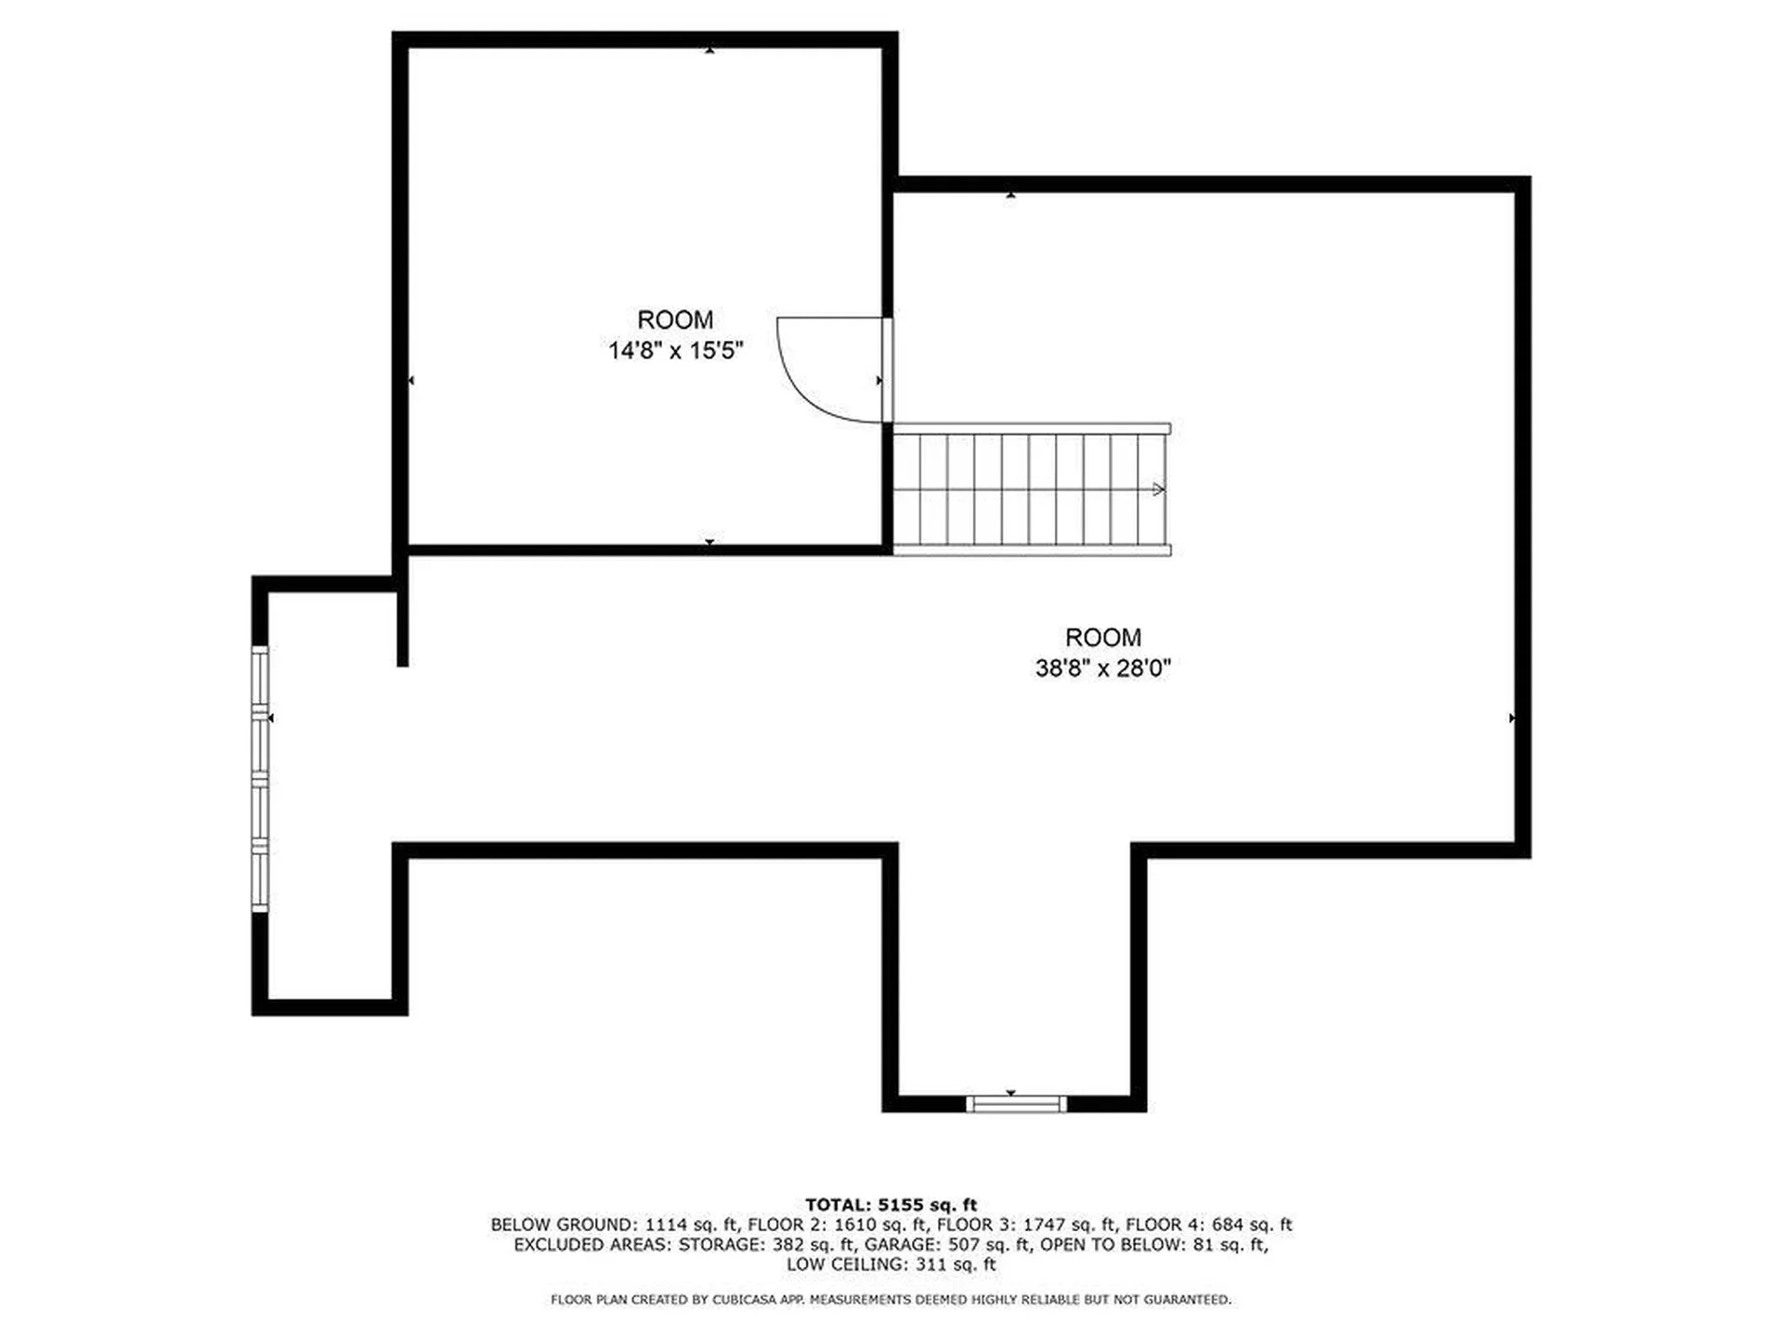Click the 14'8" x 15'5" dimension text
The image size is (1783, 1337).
(x=675, y=350)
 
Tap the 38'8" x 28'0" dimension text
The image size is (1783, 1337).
(x=1102, y=668)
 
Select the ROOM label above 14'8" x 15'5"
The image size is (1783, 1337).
(x=675, y=319)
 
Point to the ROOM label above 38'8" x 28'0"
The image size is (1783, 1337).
(x=1102, y=637)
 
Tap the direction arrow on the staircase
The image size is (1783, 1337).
(x=1158, y=489)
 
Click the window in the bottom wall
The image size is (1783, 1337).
(x=1015, y=1104)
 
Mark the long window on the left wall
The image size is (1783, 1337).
(x=260, y=778)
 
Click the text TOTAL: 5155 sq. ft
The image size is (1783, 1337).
(x=891, y=1205)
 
